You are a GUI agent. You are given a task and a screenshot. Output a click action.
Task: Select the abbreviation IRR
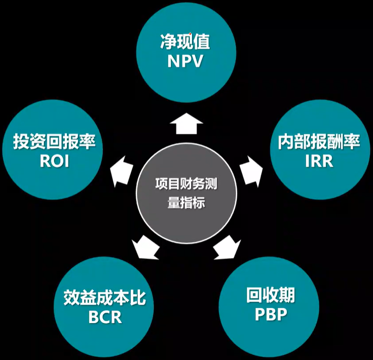pyautogui.click(x=319, y=161)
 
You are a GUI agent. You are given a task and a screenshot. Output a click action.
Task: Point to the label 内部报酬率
pyautogui.click(x=319, y=142)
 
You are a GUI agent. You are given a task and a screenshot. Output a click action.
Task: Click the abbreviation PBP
pyautogui.click(x=271, y=313)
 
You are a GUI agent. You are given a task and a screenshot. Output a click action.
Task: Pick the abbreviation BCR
pyautogui.click(x=105, y=317)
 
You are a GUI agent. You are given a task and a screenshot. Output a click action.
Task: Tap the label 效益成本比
pyautogui.click(x=105, y=298)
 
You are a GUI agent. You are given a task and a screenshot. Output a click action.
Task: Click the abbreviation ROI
pyautogui.click(x=54, y=161)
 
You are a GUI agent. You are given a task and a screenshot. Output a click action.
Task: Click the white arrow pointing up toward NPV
pyautogui.click(x=186, y=123)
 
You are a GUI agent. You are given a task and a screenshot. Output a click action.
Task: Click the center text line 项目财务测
pyautogui.click(x=186, y=184)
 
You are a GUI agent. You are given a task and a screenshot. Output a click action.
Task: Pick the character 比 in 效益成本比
pyautogui.click(x=138, y=298)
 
